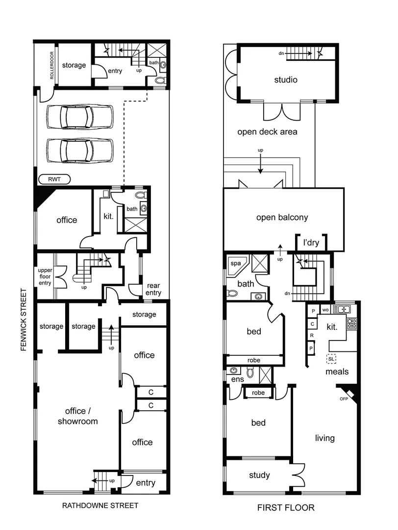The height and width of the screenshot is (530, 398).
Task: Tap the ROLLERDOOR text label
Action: (x=51, y=65)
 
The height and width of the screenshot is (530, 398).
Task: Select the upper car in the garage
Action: (x=79, y=116)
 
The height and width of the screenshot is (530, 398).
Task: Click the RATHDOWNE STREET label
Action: (x=100, y=505)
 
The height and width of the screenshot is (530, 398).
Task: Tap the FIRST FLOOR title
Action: (x=286, y=507)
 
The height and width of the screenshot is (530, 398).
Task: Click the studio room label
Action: (x=286, y=79)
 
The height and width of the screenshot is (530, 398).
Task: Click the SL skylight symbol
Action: (x=332, y=359)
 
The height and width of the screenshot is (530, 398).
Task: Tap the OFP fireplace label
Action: (x=344, y=398)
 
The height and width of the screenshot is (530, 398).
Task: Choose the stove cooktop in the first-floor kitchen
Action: (x=352, y=323)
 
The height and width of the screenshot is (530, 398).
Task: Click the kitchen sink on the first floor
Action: (x=341, y=309)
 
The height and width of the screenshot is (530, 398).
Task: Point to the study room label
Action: (x=259, y=475)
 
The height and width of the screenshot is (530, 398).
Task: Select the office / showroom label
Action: (x=78, y=416)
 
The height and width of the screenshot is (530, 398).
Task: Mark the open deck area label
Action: (x=267, y=132)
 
